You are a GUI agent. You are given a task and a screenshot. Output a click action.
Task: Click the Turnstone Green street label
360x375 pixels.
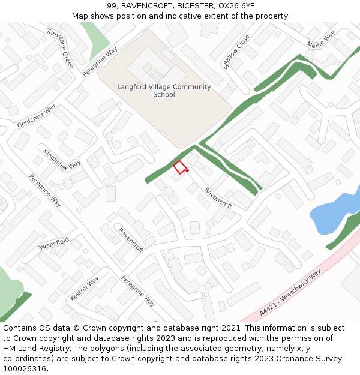pyautogui.click(x=61, y=48)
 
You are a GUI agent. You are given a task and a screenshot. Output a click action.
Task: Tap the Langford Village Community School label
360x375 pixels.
pyautogui.click(x=164, y=91)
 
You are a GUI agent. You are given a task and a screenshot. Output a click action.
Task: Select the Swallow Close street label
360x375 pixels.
pyautogui.click(x=236, y=52)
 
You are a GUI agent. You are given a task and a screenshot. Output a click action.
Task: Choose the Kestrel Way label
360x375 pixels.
pyautogui.click(x=85, y=289)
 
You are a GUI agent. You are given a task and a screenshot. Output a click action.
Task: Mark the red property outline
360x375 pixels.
pyautogui.click(x=180, y=167)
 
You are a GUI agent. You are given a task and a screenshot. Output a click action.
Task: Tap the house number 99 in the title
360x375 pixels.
pyautogui.click(x=112, y=6)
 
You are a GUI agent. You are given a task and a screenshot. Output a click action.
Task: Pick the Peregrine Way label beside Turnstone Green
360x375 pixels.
pyautogui.click(x=100, y=62)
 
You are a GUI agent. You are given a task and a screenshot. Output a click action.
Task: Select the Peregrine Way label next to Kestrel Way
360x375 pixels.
pyautogui.click(x=138, y=291)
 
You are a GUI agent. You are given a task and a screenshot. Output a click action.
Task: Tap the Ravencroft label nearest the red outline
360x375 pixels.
pyautogui.click(x=218, y=198)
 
